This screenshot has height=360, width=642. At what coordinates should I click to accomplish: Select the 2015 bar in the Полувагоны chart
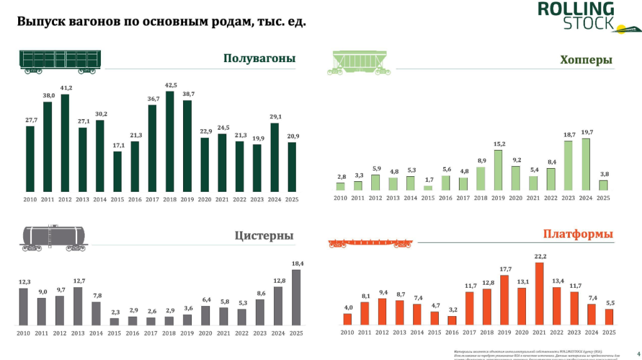pyautogui.click(x=117, y=171)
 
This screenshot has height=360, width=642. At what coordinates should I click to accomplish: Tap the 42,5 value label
pyautogui.click(x=171, y=85)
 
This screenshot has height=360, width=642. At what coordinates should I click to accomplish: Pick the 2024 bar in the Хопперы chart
pyautogui.click(x=585, y=164)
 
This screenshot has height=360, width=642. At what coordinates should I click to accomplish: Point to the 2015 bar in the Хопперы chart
pyautogui.click(x=428, y=188)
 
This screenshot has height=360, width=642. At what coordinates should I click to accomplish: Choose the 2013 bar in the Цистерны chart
pyautogui.click(x=78, y=306)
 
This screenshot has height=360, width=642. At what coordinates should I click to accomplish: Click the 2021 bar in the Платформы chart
pyautogui.click(x=539, y=294)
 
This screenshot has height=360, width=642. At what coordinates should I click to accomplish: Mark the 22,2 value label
pyautogui.click(x=539, y=257)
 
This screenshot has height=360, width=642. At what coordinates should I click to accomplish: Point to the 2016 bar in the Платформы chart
pyautogui.click(x=452, y=320)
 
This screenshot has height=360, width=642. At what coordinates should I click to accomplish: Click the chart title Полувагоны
pyautogui.click(x=259, y=59)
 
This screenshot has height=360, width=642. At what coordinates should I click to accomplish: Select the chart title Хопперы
pyautogui.click(x=586, y=60)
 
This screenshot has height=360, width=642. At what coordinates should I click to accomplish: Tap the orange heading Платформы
pyautogui.click(x=577, y=235)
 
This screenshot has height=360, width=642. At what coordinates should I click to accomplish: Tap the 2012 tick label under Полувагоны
pyautogui.click(x=65, y=199)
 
